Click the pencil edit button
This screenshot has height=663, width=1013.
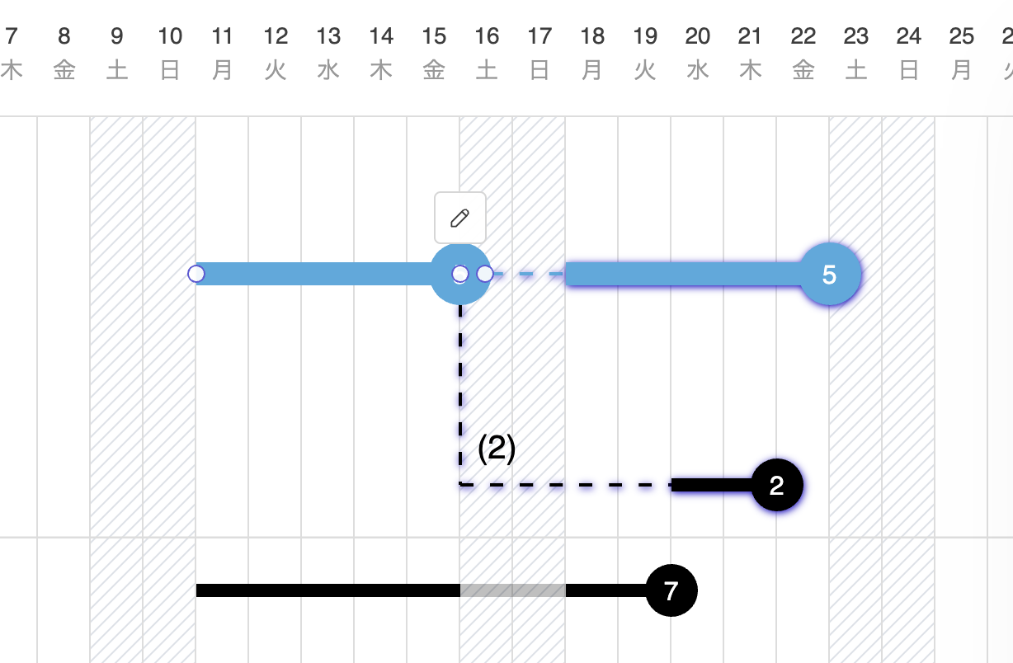click(x=460, y=218)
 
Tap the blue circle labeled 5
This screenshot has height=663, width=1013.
click(x=830, y=275)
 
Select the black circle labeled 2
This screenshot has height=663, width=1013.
click(x=776, y=486)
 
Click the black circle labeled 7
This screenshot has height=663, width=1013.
click(x=671, y=590)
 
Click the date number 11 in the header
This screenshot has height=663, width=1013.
click(x=223, y=36)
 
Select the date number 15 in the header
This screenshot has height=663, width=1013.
click(x=434, y=36)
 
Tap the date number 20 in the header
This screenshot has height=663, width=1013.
click(x=698, y=36)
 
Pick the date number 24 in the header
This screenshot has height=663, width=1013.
click(x=909, y=36)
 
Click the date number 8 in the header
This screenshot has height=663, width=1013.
click(x=64, y=36)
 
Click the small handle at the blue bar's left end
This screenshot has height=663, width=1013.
click(x=196, y=274)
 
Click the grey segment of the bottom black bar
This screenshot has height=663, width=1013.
click(x=512, y=590)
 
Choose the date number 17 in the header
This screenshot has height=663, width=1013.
click(x=539, y=36)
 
